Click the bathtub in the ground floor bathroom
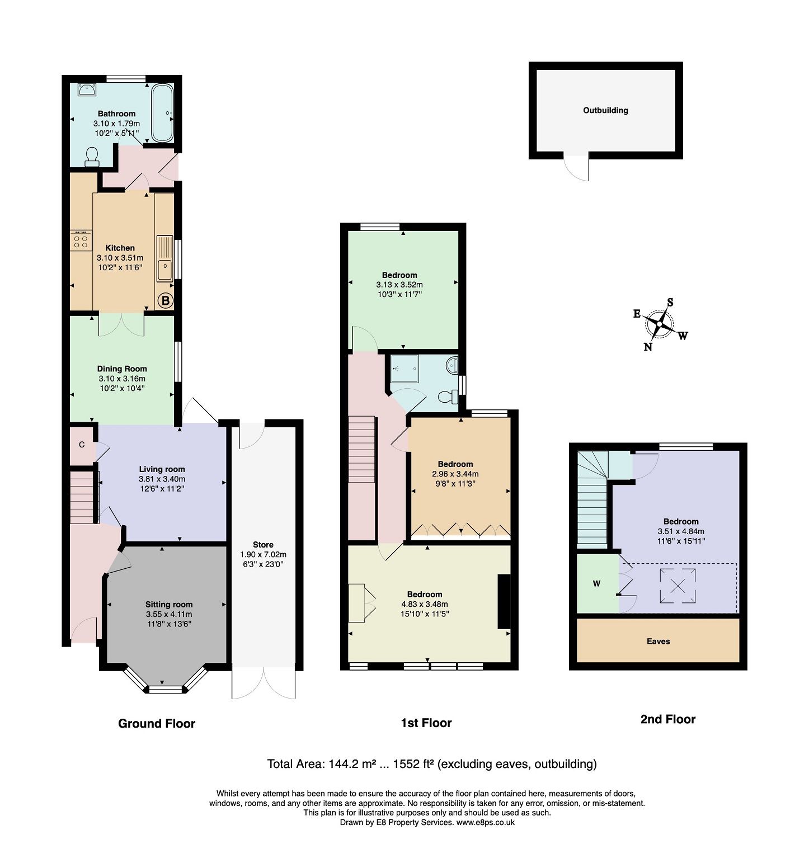click(x=162, y=113)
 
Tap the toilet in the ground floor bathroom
click(x=92, y=158)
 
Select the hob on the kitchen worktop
click(x=81, y=241)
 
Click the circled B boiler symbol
click(x=165, y=301)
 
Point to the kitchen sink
click(x=164, y=270)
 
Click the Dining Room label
click(x=122, y=369)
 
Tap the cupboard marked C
click(x=82, y=445)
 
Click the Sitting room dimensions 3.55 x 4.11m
click(x=168, y=614)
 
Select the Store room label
click(x=263, y=544)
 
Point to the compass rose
click(x=660, y=324)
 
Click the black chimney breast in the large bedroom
click(x=504, y=602)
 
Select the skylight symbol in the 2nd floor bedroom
click(x=678, y=586)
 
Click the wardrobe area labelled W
click(x=597, y=583)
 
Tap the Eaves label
click(x=658, y=642)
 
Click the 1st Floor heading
click(x=426, y=723)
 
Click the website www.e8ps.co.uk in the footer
click(x=485, y=822)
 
